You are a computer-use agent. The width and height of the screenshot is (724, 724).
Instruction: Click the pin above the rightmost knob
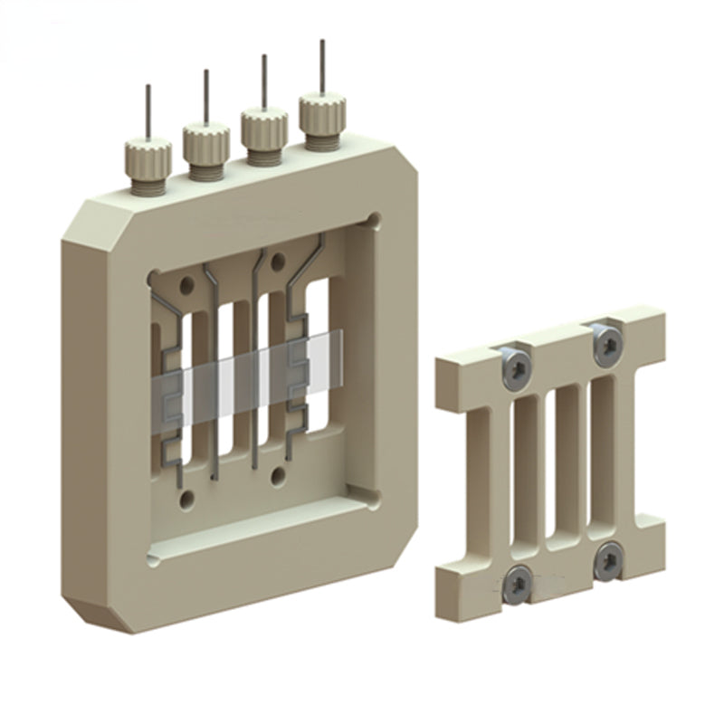[x=321, y=67]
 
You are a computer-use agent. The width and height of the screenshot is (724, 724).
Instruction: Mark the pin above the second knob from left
[x=205, y=96]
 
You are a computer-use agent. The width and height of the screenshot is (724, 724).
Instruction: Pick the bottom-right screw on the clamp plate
[x=607, y=561]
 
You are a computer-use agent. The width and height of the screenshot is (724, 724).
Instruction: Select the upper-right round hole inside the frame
[x=278, y=262]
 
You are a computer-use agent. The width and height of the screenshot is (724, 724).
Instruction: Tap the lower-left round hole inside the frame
[x=186, y=499]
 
